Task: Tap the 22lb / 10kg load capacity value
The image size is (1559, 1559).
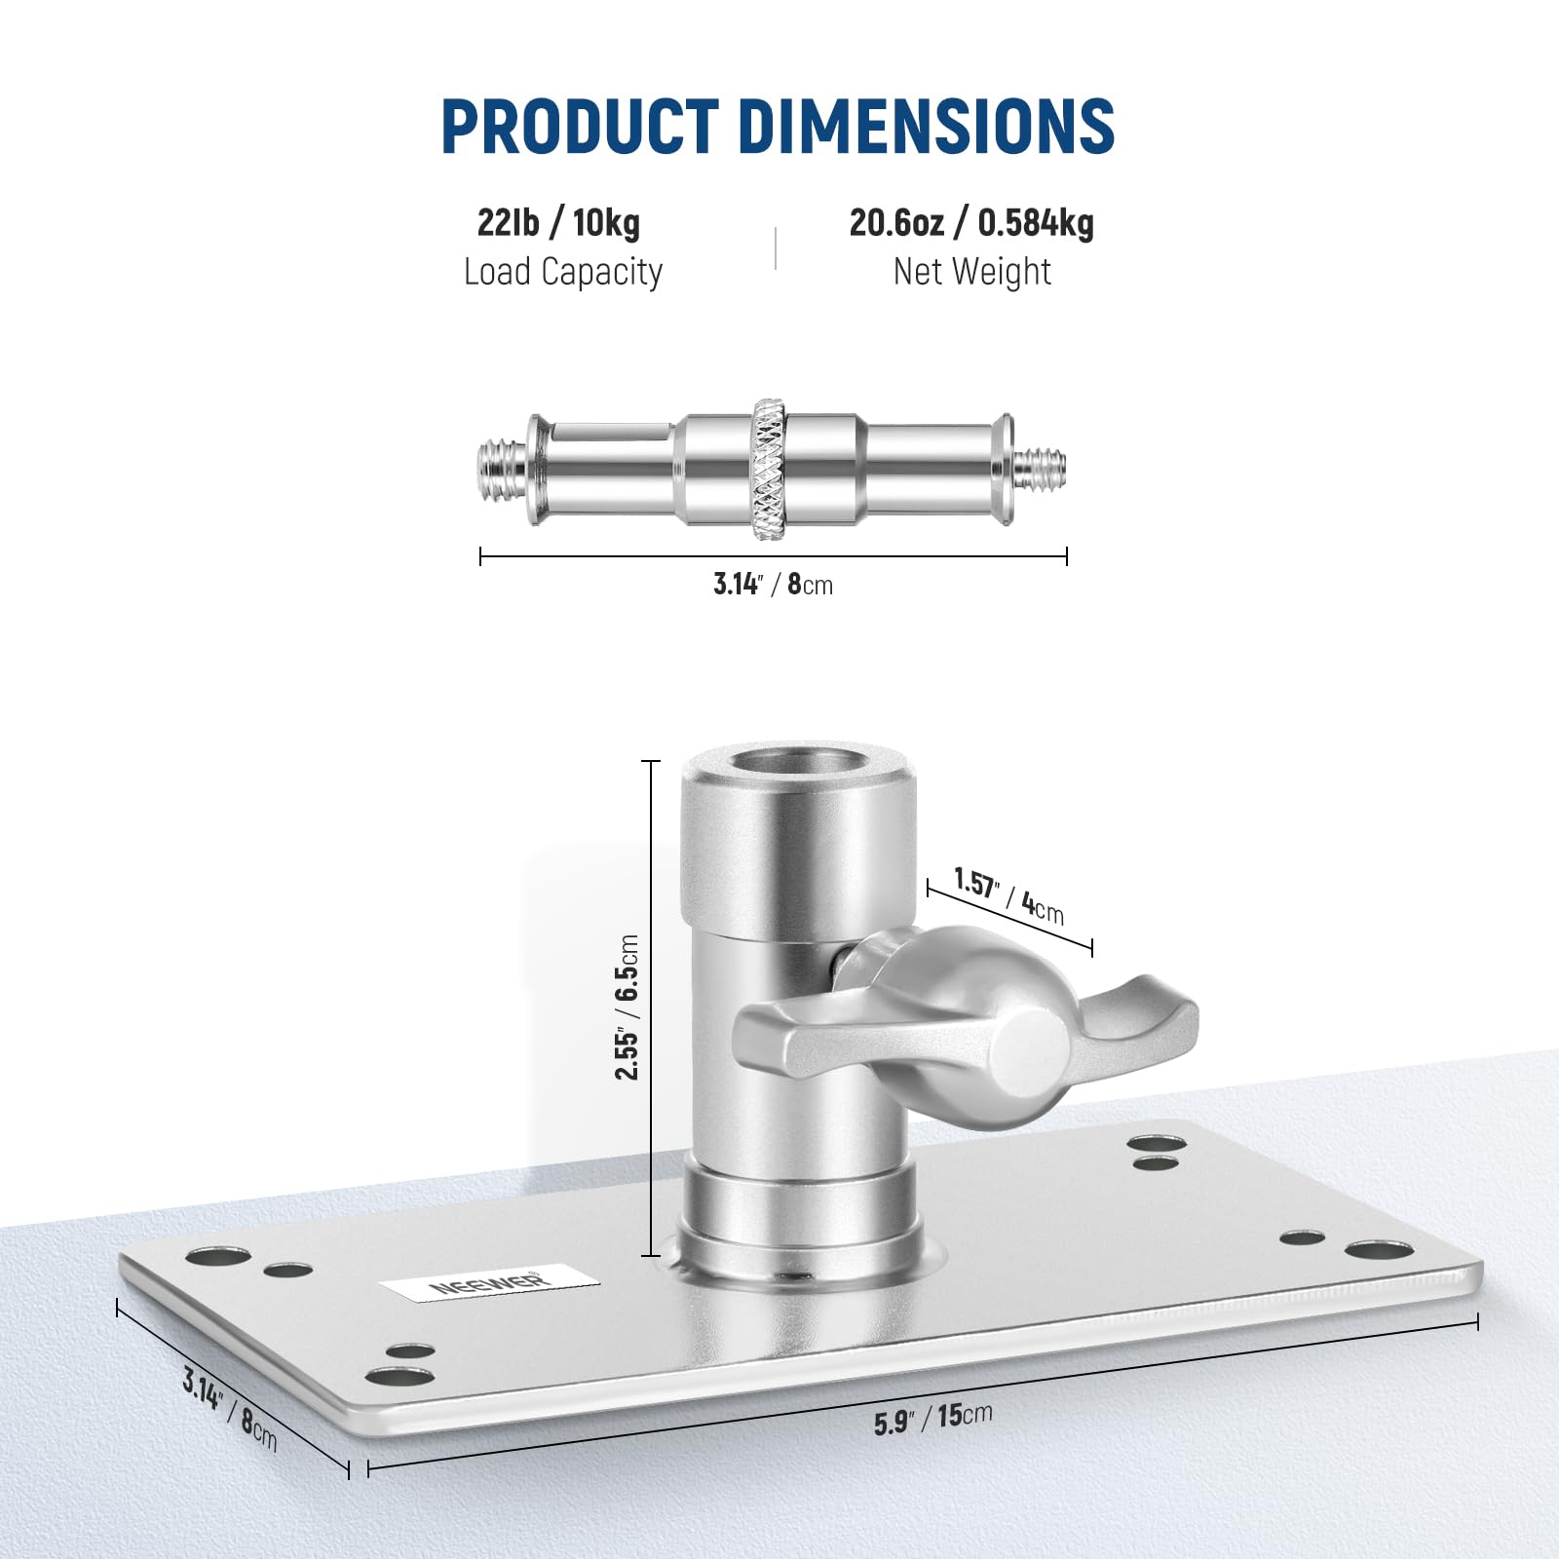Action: [x=558, y=223]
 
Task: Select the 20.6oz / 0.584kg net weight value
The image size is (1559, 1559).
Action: [x=971, y=223]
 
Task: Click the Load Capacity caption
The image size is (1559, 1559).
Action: [x=562, y=272]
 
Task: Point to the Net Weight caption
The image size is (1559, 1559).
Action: [x=971, y=272]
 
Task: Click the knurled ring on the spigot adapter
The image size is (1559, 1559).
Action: [x=770, y=469]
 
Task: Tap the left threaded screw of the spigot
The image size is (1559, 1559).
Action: [x=504, y=467]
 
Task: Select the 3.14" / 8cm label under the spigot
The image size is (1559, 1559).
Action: [x=773, y=585]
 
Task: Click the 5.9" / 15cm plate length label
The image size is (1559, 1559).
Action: [x=932, y=1418]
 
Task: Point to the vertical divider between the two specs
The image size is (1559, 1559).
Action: [x=776, y=247]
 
